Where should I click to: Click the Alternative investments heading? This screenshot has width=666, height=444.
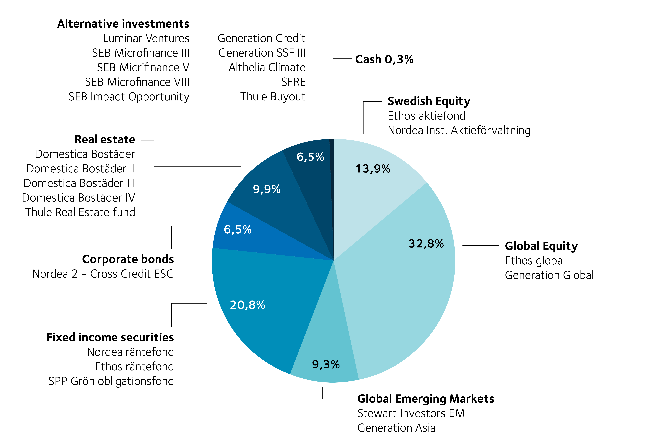(x=123, y=24)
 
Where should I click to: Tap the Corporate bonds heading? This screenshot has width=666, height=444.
(x=128, y=259)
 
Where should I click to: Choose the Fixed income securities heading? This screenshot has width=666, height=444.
(x=110, y=337)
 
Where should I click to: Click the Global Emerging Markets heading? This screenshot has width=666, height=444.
(x=426, y=399)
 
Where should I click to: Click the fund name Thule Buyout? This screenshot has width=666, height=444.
(x=273, y=97)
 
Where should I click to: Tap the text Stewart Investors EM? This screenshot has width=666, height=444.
(x=411, y=413)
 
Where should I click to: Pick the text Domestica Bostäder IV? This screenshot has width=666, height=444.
(x=78, y=198)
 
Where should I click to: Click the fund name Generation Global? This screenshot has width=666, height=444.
(x=549, y=275)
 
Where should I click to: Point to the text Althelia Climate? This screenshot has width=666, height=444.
(x=267, y=67)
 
